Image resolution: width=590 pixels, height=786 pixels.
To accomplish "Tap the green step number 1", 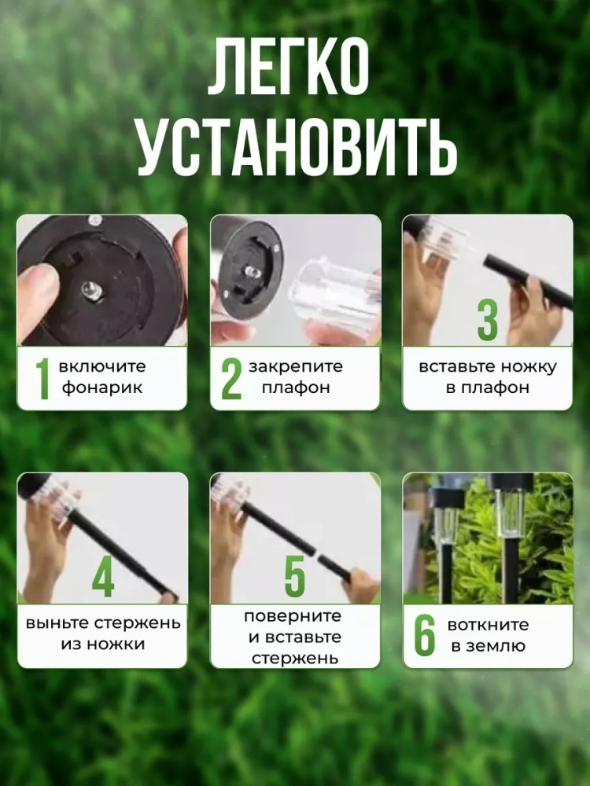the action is [x=42, y=379].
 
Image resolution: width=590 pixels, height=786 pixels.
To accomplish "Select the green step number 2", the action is [x=231, y=379].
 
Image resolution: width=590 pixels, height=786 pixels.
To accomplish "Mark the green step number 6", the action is [x=425, y=634].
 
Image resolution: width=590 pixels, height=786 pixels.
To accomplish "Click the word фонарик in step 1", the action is [x=102, y=388].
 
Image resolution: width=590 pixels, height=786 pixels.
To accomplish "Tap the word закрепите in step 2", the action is [x=296, y=367].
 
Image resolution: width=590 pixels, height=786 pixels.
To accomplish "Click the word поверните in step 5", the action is [x=293, y=615].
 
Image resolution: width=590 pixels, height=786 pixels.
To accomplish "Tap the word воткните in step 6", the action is [x=488, y=625].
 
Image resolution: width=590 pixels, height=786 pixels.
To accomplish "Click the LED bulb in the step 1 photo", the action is [x=91, y=290].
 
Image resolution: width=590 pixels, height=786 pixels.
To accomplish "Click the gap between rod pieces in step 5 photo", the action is [x=315, y=553].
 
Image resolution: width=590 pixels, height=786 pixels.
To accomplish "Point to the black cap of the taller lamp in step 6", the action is [x=511, y=481].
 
